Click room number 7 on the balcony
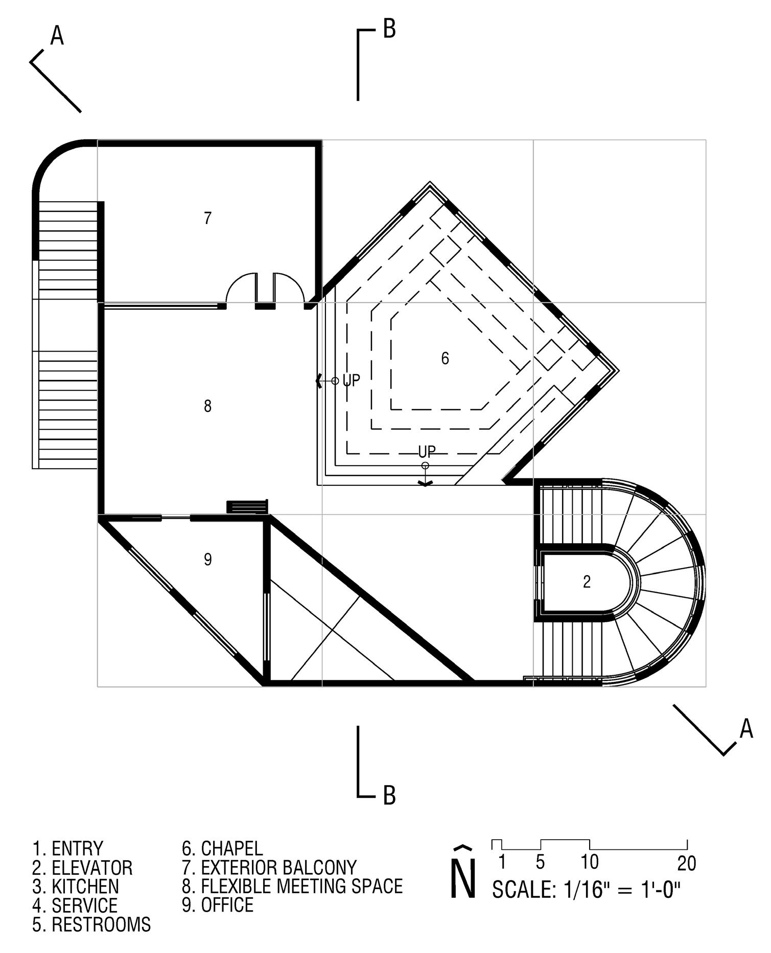pyautogui.click(x=207, y=218)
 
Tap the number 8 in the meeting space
pyautogui.click(x=207, y=406)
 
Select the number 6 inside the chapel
pyautogui.click(x=445, y=358)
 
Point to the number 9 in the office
pyautogui.click(x=207, y=560)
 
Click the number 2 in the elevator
pyautogui.click(x=587, y=581)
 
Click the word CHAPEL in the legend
pyautogui.click(x=231, y=848)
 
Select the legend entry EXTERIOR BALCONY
pyautogui.click(x=278, y=867)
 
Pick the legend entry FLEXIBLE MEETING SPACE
pyautogui.click(x=301, y=886)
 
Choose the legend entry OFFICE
pyautogui.click(x=227, y=905)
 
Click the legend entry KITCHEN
pyautogui.click(x=85, y=886)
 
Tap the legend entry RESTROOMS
pyautogui.click(x=101, y=924)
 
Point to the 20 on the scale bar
pyautogui.click(x=687, y=863)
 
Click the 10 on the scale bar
pyautogui.click(x=589, y=862)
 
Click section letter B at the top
pyautogui.click(x=389, y=29)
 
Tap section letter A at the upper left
pyautogui.click(x=57, y=36)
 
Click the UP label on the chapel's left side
pyautogui.click(x=351, y=380)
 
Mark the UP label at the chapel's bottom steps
pyautogui.click(x=427, y=452)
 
